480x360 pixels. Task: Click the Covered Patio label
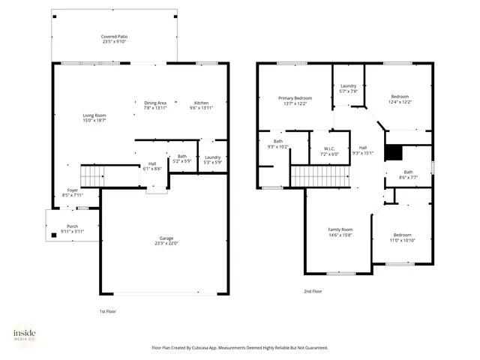click(114, 36)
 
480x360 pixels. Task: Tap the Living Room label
click(94, 115)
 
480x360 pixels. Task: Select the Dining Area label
click(155, 103)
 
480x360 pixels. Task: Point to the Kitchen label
click(202, 103)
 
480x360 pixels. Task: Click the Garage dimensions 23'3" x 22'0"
click(166, 243)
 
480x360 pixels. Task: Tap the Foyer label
click(73, 190)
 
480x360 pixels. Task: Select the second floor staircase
click(319, 176)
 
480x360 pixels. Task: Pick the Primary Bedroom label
click(295, 98)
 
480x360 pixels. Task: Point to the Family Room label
click(340, 229)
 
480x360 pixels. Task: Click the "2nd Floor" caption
click(313, 291)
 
